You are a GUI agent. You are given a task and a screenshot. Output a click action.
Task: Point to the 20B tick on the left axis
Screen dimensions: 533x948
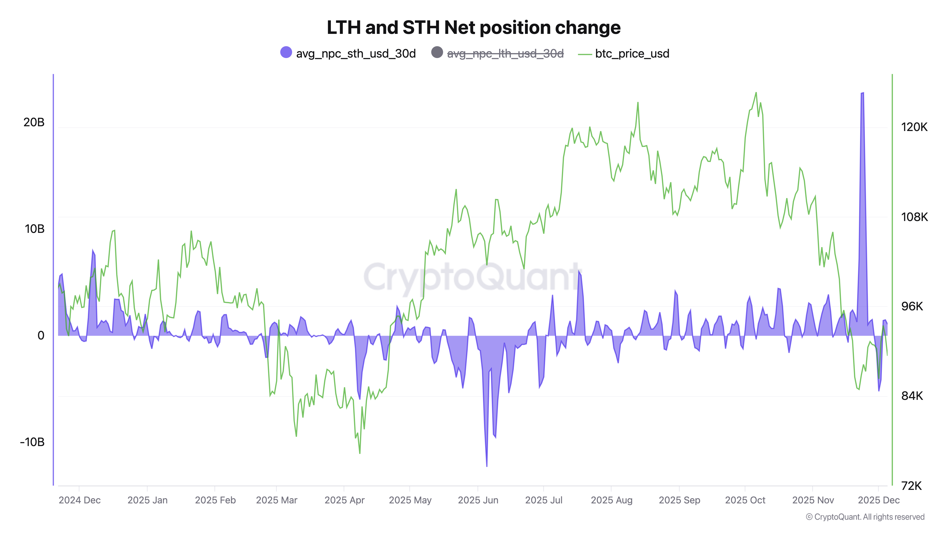pos(34,122)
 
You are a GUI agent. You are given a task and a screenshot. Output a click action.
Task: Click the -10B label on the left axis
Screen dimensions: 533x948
pos(32,442)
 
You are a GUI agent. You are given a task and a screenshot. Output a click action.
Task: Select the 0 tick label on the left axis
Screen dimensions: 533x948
pos(41,335)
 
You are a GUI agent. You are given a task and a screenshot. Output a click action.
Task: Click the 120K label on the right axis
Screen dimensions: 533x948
pos(914,127)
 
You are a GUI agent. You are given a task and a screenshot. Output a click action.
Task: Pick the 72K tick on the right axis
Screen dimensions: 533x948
pos(911,486)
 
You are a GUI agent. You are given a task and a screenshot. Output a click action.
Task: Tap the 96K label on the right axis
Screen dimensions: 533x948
pos(912,306)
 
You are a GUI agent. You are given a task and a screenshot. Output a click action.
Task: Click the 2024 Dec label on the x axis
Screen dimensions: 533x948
pos(79,500)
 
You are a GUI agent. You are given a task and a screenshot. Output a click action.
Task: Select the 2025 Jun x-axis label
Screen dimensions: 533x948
pos(478,500)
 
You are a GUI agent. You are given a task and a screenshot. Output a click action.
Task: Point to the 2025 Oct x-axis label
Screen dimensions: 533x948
pos(745,500)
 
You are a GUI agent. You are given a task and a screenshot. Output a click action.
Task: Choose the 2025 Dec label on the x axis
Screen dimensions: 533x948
pos(879,500)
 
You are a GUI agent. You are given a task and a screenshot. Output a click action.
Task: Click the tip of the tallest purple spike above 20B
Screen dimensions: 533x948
pos(862,93)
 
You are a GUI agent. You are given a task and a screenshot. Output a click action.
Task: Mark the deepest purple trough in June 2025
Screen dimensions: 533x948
pos(487,466)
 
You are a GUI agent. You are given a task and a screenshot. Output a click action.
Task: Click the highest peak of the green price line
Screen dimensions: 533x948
pos(756,92)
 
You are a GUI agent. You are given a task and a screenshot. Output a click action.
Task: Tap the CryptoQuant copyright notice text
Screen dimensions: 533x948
pos(865,517)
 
